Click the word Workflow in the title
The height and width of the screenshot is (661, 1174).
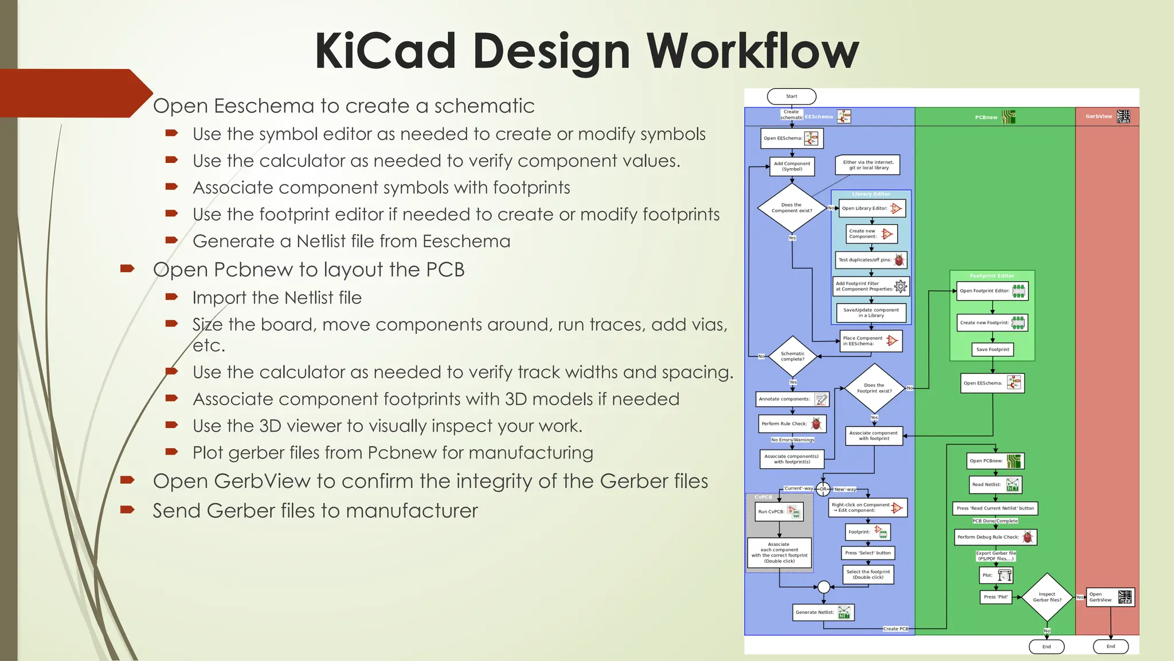click(752, 52)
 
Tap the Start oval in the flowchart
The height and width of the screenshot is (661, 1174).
click(792, 96)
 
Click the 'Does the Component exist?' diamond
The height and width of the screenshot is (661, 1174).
click(792, 208)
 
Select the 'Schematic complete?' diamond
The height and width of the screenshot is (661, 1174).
click(792, 356)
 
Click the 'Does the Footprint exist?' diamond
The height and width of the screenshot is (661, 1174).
click(874, 388)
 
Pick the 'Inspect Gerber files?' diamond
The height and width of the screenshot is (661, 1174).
click(1047, 597)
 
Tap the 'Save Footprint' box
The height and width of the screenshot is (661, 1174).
click(992, 349)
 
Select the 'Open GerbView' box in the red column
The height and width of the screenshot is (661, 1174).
click(1110, 597)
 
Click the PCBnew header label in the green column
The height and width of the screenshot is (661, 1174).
click(986, 117)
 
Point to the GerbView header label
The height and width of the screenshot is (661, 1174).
click(1098, 116)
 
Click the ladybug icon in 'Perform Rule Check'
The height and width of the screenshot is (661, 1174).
click(816, 423)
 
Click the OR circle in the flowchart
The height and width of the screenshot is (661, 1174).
click(823, 489)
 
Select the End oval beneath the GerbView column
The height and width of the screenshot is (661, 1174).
click(1110, 646)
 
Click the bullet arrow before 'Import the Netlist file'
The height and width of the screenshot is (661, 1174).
click(171, 297)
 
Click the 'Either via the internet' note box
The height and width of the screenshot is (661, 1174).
click(868, 165)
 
